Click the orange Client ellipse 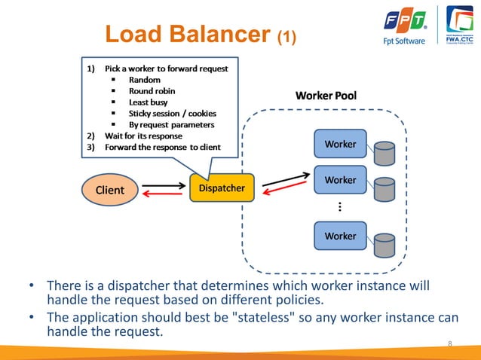pos(109,190)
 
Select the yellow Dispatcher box pos(222,188)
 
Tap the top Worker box pos(339,143)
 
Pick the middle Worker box pos(339,180)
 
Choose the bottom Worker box pos(339,236)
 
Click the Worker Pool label pos(326,96)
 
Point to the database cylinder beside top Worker pos(384,153)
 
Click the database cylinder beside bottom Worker pos(384,245)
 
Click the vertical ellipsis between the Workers pos(340,207)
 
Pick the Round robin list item pos(152,91)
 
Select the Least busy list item pos(148,102)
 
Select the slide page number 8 pos(450,344)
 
